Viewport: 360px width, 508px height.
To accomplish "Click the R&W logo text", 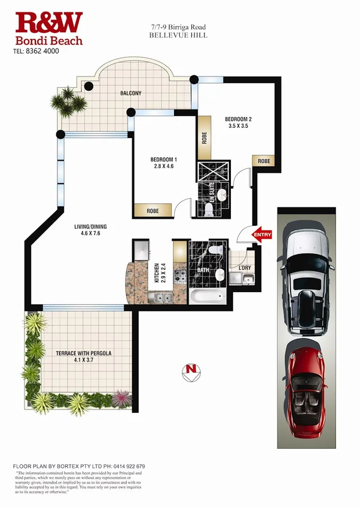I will click(x=49, y=23).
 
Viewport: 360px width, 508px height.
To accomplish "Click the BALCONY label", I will click(x=130, y=93).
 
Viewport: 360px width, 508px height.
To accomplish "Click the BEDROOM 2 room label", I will click(x=238, y=118).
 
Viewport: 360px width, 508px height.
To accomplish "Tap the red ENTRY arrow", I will click(x=262, y=235).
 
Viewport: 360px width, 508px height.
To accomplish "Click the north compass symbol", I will click(x=191, y=370).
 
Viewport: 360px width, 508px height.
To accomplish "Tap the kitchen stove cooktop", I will click(x=181, y=276).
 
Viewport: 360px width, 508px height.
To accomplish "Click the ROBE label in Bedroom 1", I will click(x=152, y=210).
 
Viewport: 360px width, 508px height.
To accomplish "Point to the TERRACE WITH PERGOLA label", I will click(x=84, y=353).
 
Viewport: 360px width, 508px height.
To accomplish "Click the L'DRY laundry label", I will click(x=244, y=267).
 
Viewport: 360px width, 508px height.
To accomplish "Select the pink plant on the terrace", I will click(x=121, y=398).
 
